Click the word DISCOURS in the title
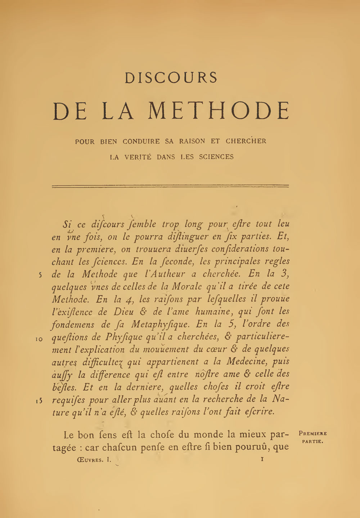coord(171,78)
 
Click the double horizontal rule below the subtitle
coord(171,186)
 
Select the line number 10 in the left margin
coord(40,338)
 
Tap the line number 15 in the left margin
coord(40,400)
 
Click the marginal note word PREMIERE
coord(312,434)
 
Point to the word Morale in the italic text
coord(185,286)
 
